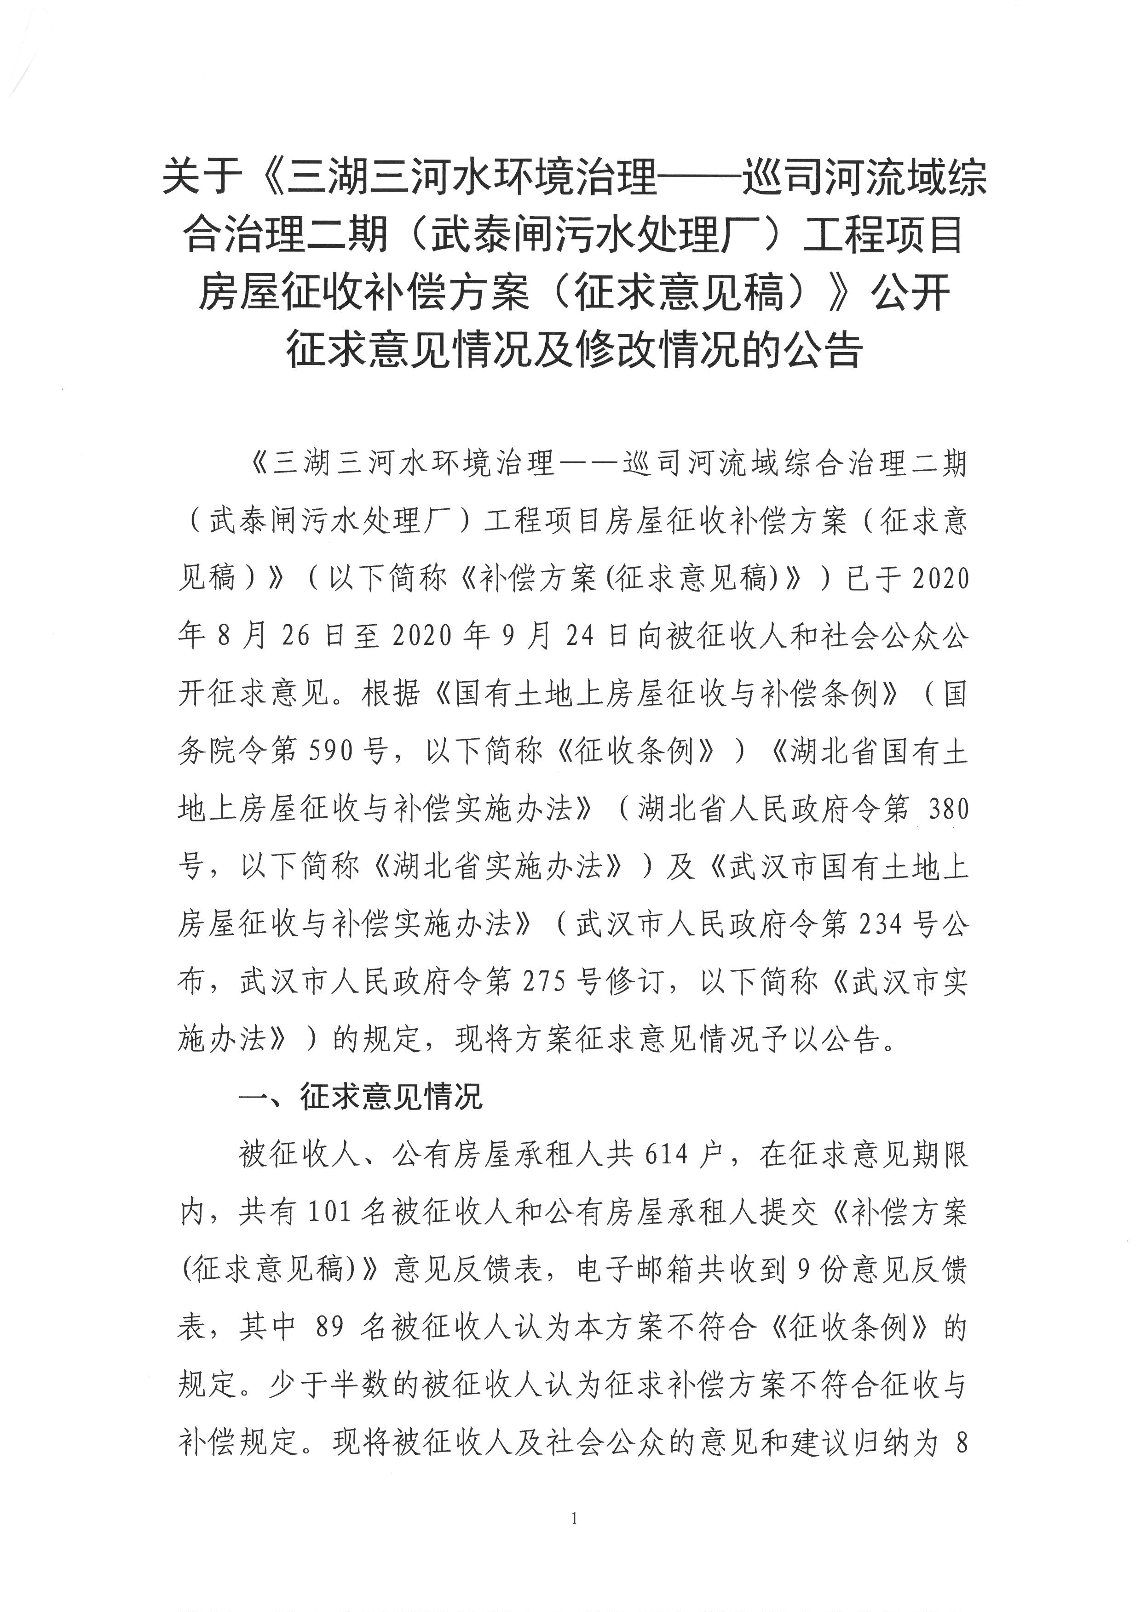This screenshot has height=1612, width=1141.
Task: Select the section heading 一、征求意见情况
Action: [361, 1097]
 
